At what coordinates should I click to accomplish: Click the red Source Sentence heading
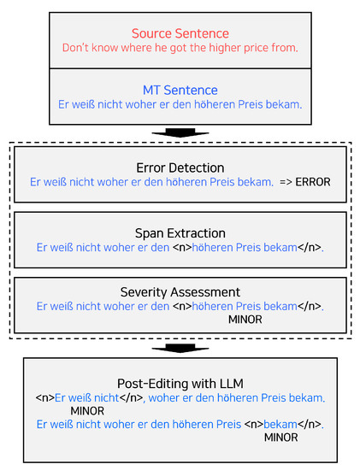click(180, 33)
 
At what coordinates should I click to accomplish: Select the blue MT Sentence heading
click(180, 90)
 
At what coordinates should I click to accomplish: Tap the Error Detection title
click(180, 167)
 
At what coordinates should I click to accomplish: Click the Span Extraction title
click(180, 232)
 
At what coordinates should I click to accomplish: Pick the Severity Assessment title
click(180, 292)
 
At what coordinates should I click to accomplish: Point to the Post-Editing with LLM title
click(180, 383)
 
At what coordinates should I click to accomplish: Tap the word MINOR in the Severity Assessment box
click(245, 319)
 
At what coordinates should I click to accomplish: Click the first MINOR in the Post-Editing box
click(87, 411)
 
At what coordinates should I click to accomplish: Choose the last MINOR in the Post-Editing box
click(281, 438)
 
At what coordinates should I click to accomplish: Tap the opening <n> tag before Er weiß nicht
click(44, 397)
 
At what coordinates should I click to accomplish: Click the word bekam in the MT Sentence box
click(281, 104)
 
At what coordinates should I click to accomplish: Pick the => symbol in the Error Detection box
click(286, 182)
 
